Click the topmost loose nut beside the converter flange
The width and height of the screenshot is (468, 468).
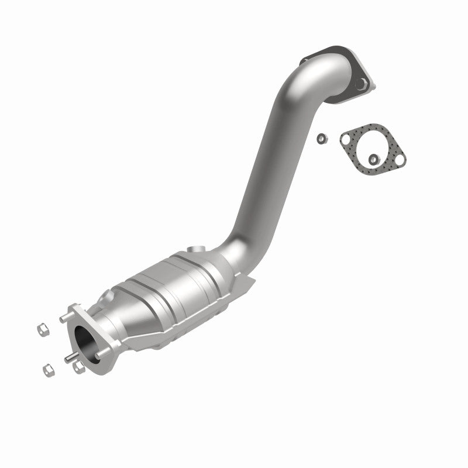(43, 329)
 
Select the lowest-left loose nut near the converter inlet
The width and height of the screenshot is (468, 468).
(47, 369)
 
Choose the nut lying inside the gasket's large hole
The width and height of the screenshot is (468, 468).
(373, 158)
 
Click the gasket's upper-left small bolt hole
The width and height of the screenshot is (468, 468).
(347, 139)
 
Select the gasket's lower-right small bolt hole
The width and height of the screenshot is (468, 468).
(400, 155)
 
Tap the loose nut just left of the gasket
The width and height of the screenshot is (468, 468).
(321, 138)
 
